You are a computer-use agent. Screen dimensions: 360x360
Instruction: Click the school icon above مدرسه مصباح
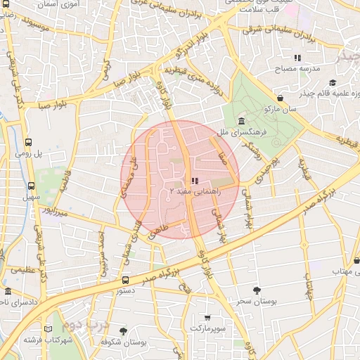point(297,58)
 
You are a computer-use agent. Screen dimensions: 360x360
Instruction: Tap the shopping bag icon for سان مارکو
point(281,99)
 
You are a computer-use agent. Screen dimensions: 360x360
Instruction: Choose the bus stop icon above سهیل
point(31,186)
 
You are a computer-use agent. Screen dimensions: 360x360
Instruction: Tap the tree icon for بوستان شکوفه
point(124,330)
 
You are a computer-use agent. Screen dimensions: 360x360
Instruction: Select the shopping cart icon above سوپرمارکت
point(207,318)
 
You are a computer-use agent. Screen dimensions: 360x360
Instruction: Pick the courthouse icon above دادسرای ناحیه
point(8,291)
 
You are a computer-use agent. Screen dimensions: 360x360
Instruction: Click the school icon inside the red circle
point(194,181)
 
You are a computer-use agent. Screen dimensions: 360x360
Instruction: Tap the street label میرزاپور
point(53,210)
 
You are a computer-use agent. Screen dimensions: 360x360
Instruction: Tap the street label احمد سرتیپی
point(104,254)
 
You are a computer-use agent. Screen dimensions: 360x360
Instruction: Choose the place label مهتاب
point(345,271)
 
